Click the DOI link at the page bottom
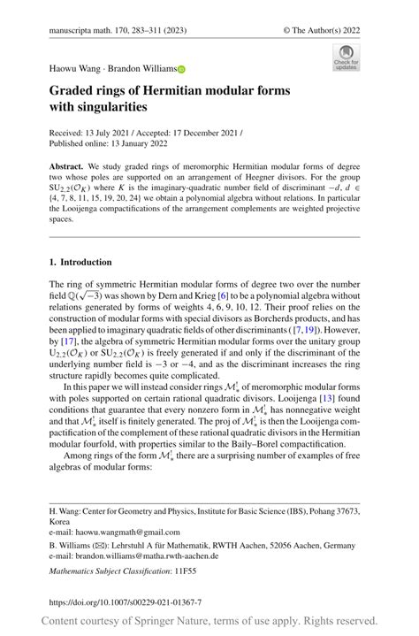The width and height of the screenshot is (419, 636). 124,601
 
